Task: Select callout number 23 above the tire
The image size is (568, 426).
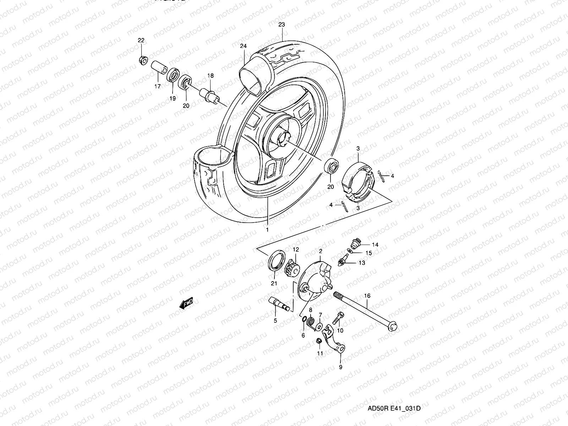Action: (x=282, y=24)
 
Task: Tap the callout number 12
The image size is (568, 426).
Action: (x=296, y=250)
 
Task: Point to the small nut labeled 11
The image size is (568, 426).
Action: (x=319, y=341)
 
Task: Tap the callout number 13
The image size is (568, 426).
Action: (x=362, y=263)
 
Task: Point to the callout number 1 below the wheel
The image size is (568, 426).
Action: (x=267, y=230)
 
